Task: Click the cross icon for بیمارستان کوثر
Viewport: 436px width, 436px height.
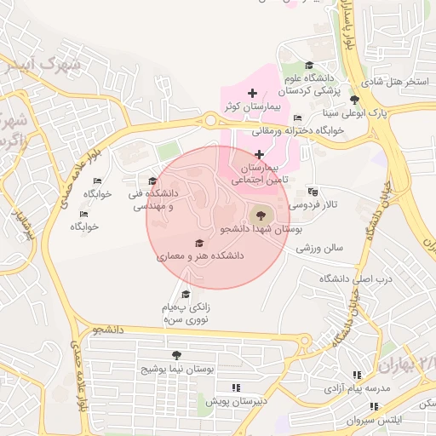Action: coord(251,93)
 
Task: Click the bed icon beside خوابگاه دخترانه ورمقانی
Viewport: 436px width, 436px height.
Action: coord(296,118)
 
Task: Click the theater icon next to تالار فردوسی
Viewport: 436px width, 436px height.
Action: coord(313,192)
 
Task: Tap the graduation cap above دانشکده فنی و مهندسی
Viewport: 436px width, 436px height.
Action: coord(152,181)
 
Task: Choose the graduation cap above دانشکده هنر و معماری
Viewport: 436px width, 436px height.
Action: coord(200,243)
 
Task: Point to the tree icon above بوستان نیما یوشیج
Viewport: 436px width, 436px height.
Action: coord(176,355)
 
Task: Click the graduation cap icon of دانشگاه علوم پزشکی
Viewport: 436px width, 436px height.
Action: coord(308,66)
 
